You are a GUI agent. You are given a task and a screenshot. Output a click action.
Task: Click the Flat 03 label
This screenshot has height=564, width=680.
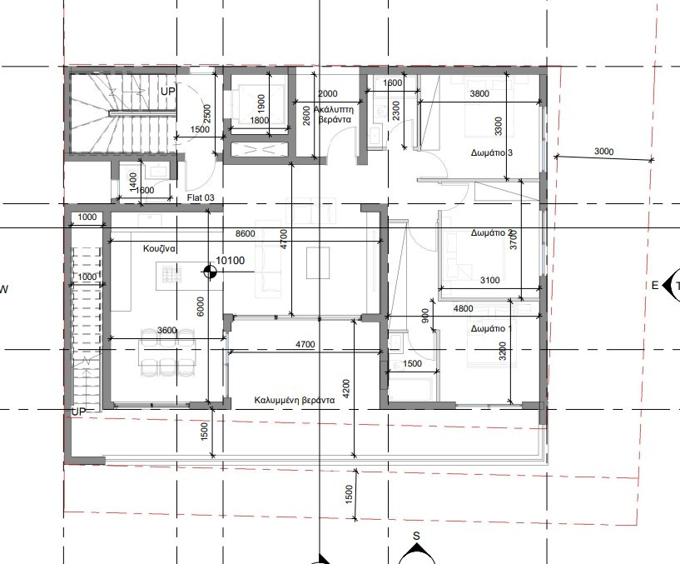pyautogui.click(x=201, y=197)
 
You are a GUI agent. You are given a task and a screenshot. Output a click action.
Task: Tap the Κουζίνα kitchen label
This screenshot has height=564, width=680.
pyautogui.click(x=159, y=248)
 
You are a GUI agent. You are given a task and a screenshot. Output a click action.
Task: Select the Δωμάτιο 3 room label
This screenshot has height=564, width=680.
pyautogui.click(x=492, y=152)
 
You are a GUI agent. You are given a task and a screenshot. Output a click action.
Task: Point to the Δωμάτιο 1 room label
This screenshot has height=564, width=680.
pyautogui.click(x=491, y=329)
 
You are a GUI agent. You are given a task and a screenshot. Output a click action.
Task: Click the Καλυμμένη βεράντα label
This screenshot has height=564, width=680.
pyautogui.click(x=295, y=400)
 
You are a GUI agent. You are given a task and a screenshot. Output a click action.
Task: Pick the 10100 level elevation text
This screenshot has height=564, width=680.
pyautogui.click(x=231, y=261)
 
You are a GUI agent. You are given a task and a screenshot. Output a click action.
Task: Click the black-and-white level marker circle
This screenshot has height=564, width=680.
pyautogui.click(x=210, y=272)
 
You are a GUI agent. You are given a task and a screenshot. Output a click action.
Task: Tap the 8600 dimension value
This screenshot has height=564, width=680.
pyautogui.click(x=245, y=233)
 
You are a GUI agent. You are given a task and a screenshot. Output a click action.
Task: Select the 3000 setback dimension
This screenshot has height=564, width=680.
pyautogui.click(x=603, y=151)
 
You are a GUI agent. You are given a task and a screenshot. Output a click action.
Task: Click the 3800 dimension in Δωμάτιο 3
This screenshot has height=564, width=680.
pyautogui.click(x=479, y=93)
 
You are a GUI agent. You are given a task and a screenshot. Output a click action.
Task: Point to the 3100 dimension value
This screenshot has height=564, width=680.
pyautogui.click(x=489, y=280)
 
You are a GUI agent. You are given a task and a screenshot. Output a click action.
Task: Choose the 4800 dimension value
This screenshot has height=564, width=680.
pyautogui.click(x=463, y=309)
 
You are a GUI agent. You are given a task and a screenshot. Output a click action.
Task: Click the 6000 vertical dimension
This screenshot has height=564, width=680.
pyautogui.click(x=200, y=307)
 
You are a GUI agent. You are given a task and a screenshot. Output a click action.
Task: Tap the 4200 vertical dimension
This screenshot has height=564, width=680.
pyautogui.click(x=345, y=389)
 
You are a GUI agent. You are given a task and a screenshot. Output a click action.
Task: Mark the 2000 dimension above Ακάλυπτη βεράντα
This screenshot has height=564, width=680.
pyautogui.click(x=327, y=93)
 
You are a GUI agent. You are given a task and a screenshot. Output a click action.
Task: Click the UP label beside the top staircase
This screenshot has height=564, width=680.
pyautogui.click(x=168, y=91)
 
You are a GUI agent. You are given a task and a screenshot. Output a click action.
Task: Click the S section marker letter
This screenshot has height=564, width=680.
pyautogui.click(x=416, y=536)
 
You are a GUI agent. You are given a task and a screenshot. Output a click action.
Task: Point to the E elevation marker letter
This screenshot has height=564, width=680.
pyautogui.click(x=655, y=285)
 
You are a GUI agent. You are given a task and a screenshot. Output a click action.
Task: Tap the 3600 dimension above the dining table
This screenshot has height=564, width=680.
pyautogui.click(x=167, y=331)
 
